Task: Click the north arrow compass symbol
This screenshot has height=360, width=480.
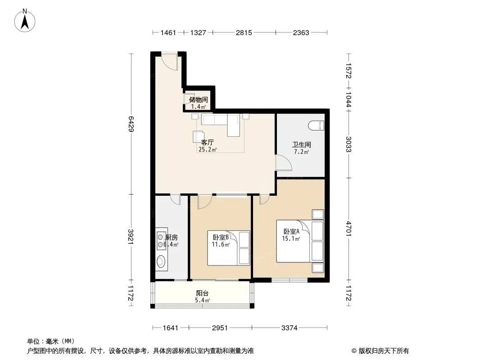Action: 25,21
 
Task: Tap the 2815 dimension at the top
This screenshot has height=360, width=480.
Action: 244,32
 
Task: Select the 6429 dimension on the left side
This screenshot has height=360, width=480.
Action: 131,124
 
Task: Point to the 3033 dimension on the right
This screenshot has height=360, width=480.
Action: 349,144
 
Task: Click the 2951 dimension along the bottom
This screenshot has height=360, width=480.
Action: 220,328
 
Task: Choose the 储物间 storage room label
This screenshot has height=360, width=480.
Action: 199,100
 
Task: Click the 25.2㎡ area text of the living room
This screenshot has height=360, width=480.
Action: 208,149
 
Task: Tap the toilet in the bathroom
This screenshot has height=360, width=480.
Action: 316,126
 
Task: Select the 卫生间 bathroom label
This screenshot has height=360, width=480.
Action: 302,144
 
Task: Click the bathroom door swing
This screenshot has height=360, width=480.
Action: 284,162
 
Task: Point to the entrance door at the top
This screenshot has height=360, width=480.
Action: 170,62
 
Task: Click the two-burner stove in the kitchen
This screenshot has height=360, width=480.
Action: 160,241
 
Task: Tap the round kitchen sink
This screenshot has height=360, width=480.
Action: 161,261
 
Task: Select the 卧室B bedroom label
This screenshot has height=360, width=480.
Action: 220,237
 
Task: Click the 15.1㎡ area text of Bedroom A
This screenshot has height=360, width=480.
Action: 290,238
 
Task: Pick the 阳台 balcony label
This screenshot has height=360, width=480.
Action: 202,293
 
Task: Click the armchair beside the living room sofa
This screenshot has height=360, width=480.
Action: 199,136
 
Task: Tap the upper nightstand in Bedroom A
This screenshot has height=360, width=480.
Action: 318,214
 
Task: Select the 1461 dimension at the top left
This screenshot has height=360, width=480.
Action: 168,32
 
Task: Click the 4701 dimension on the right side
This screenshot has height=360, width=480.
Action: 349,228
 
